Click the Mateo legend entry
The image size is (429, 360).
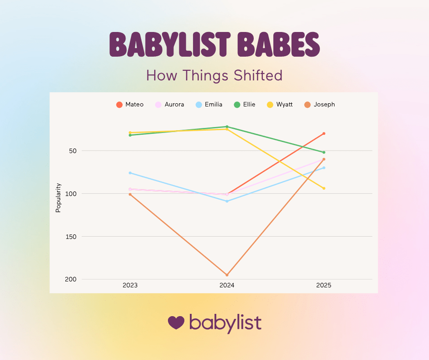click(130, 105)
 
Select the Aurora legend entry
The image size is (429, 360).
click(170, 105)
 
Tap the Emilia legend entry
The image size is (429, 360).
click(209, 105)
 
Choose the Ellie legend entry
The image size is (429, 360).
click(245, 105)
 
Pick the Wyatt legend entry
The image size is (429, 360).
click(280, 105)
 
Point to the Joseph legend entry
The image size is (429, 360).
click(319, 105)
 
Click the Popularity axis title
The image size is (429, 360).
click(58, 198)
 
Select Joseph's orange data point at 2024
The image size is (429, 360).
click(227, 275)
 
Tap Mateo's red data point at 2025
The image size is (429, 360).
click(324, 133)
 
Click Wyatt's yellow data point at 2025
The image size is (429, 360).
click(324, 188)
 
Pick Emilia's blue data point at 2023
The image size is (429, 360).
click(130, 173)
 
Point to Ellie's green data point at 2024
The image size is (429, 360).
click(227, 127)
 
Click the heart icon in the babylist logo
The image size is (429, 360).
click(176, 323)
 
